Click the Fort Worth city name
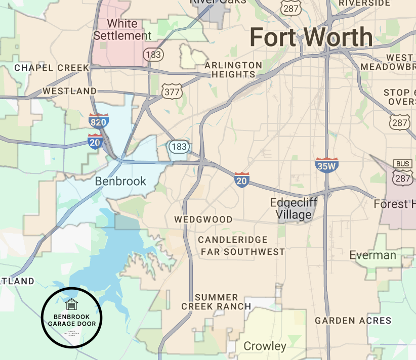point(311,38)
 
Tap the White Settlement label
point(122,30)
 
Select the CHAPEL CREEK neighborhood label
point(51,67)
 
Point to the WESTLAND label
point(69,91)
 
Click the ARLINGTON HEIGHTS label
point(233,70)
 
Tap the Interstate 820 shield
point(98,121)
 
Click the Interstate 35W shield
point(326,165)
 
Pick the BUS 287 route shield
point(403,172)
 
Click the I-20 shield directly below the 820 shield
point(95,142)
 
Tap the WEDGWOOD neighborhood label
point(203,219)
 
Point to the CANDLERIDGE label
point(232,240)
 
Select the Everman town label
point(372,255)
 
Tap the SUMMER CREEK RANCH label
point(216,302)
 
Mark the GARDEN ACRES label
point(353,321)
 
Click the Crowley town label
point(265,346)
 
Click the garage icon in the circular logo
point(72,304)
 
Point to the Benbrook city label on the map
point(120,181)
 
